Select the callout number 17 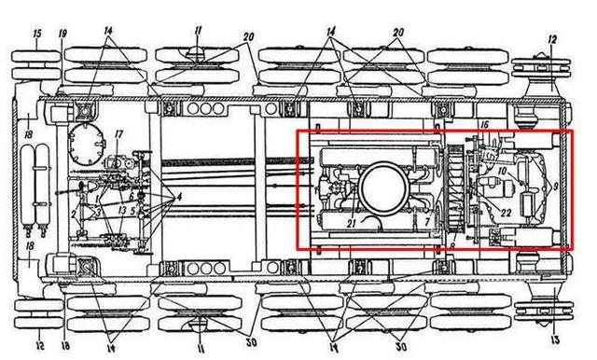118,133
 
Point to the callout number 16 484,124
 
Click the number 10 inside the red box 501,171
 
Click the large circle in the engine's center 382,187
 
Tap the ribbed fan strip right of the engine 453,189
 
